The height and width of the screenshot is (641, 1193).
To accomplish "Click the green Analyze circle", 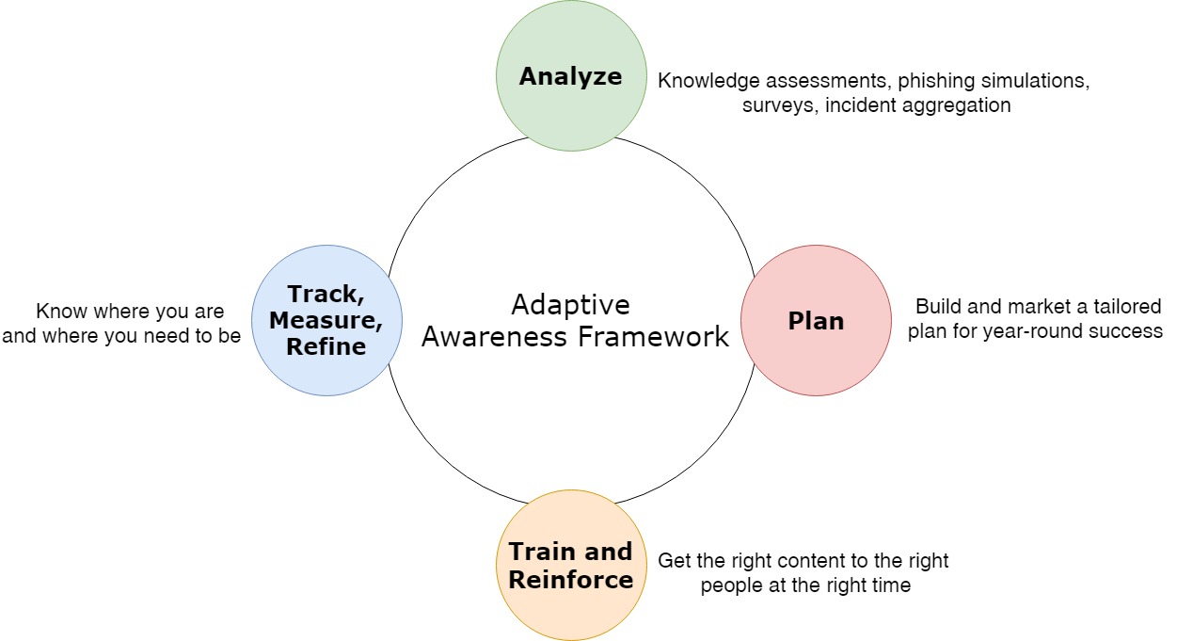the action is (571, 75).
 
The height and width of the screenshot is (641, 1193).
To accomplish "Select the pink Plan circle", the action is (816, 320).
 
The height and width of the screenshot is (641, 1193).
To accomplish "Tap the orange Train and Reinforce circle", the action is (571, 565).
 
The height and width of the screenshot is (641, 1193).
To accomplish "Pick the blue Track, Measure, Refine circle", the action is (326, 320).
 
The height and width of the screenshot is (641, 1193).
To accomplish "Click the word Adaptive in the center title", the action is (570, 305).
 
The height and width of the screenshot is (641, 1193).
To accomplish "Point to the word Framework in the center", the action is (653, 337).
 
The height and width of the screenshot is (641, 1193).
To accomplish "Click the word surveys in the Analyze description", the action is (780, 106).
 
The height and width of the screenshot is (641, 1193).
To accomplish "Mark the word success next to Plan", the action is (1125, 331).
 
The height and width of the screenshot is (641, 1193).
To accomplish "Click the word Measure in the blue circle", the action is (326, 320).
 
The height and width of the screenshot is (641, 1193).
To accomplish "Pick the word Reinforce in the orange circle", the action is (571, 580).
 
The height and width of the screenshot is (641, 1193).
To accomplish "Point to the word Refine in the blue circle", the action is (326, 346).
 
